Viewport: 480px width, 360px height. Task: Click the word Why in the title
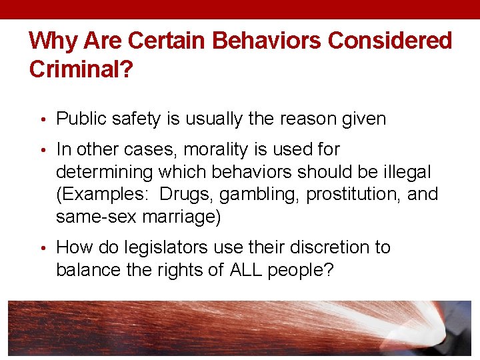point(52,41)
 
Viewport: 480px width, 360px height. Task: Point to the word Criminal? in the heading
point(79,69)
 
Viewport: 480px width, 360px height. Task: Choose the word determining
point(104,173)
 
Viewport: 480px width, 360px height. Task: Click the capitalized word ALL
point(246,270)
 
